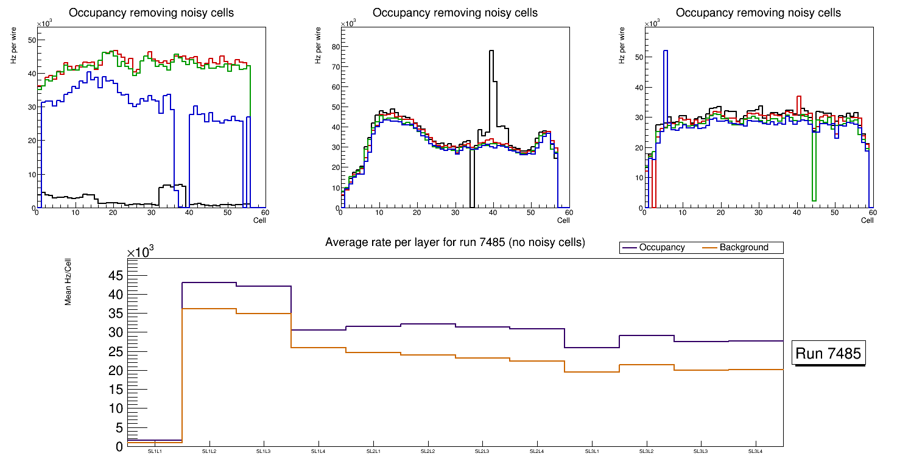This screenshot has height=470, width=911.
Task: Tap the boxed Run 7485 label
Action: pos(828,354)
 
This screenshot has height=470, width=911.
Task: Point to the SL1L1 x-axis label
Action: pos(155,452)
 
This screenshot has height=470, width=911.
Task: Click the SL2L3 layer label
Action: pos(482,452)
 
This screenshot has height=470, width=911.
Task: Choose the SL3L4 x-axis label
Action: pos(755,452)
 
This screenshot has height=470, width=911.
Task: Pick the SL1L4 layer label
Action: pos(318,452)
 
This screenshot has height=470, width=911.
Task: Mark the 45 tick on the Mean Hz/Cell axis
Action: pos(115,276)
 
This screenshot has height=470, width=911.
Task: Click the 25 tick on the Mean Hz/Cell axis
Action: pos(115,352)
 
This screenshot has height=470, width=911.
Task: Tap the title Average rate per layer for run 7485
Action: pos(455,242)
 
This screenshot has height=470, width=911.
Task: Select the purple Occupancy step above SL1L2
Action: pos(209,282)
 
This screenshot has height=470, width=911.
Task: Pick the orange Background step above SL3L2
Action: pos(646,365)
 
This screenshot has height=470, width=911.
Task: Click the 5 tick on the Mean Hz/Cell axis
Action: pos(119,427)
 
